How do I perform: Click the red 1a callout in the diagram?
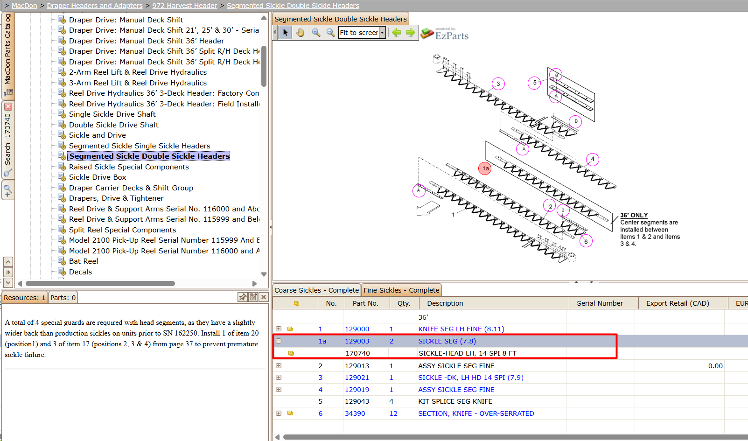(x=485, y=168)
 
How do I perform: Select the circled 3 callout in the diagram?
(x=498, y=84)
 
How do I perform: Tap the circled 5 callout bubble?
(x=534, y=83)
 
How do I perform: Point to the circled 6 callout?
(x=586, y=241)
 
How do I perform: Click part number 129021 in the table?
(x=357, y=378)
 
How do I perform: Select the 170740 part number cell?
(x=357, y=353)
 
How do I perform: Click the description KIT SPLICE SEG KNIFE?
(x=455, y=401)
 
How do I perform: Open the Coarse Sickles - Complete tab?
(x=316, y=290)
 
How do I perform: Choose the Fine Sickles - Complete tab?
(x=401, y=290)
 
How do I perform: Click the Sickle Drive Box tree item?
(x=98, y=177)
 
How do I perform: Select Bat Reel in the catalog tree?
(x=84, y=261)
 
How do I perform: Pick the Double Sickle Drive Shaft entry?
(x=113, y=125)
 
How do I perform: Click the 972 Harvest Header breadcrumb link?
(x=185, y=6)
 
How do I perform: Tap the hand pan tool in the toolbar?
(x=300, y=32)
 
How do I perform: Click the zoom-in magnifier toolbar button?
(x=316, y=32)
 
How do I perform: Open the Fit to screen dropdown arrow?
(x=382, y=33)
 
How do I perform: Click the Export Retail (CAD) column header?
(x=678, y=303)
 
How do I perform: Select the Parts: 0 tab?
(x=63, y=297)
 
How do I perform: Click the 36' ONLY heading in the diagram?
(x=634, y=215)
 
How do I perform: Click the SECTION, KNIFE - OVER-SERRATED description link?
(x=476, y=413)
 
